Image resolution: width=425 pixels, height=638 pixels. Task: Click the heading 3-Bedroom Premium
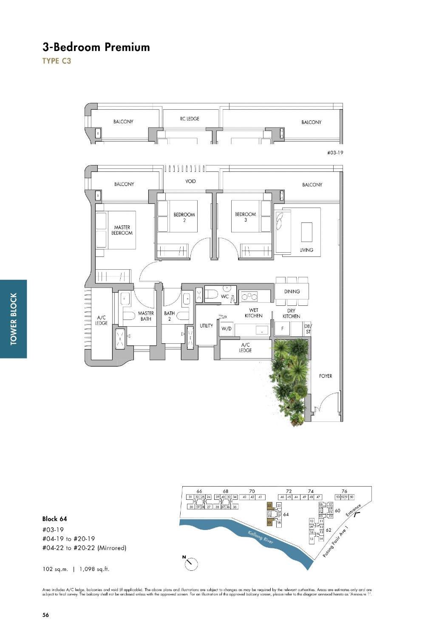click(96, 47)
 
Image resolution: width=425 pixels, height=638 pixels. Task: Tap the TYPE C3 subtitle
click(57, 61)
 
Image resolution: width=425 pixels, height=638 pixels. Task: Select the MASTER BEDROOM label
click(122, 230)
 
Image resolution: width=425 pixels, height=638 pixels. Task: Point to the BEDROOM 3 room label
click(245, 217)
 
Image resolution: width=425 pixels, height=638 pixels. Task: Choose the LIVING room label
click(306, 250)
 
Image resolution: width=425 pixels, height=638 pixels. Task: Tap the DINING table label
click(292, 291)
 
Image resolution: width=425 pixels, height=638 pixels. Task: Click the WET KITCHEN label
click(253, 313)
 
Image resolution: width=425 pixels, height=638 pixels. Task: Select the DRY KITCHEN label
click(291, 313)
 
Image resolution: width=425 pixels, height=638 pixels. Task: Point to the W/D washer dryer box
click(226, 329)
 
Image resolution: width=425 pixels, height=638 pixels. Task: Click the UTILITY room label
click(206, 326)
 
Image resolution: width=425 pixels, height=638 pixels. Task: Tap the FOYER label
click(325, 376)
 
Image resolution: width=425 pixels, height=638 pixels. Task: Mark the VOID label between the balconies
click(190, 181)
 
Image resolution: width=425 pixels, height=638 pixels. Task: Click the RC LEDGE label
click(190, 119)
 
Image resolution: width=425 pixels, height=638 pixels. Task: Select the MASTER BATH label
click(146, 316)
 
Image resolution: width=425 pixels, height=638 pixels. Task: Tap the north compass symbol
click(191, 563)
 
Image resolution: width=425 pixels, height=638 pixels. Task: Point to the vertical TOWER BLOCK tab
click(14, 319)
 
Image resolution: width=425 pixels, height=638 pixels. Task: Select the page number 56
click(45, 615)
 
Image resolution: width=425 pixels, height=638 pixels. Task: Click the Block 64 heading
click(54, 519)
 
